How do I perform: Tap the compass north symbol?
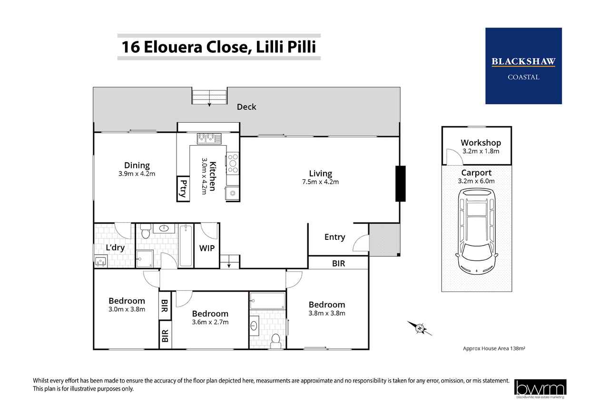pyautogui.click(x=420, y=328)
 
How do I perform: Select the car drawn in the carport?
pyautogui.click(x=477, y=231)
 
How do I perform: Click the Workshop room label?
pyautogui.click(x=481, y=143)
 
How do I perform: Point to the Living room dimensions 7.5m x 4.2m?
pyautogui.click(x=320, y=182)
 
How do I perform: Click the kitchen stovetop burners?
pyautogui.click(x=233, y=163)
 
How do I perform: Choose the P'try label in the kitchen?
pyautogui.click(x=184, y=189)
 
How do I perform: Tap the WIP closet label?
pyautogui.click(x=207, y=248)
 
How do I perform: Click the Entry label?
pyautogui.click(x=334, y=237)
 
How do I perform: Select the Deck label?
pyautogui.click(x=246, y=107)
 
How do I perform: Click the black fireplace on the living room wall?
pyautogui.click(x=400, y=184)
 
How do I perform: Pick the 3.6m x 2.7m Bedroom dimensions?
pyautogui.click(x=210, y=322)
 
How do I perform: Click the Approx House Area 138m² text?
pyautogui.click(x=494, y=348)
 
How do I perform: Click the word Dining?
pyautogui.click(x=137, y=166)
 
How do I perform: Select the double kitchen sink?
pyautogui.click(x=209, y=139)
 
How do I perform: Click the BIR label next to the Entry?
pyautogui.click(x=338, y=263)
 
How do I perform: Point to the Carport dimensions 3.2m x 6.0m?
pyautogui.click(x=476, y=181)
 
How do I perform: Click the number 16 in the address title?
pyautogui.click(x=131, y=47)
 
